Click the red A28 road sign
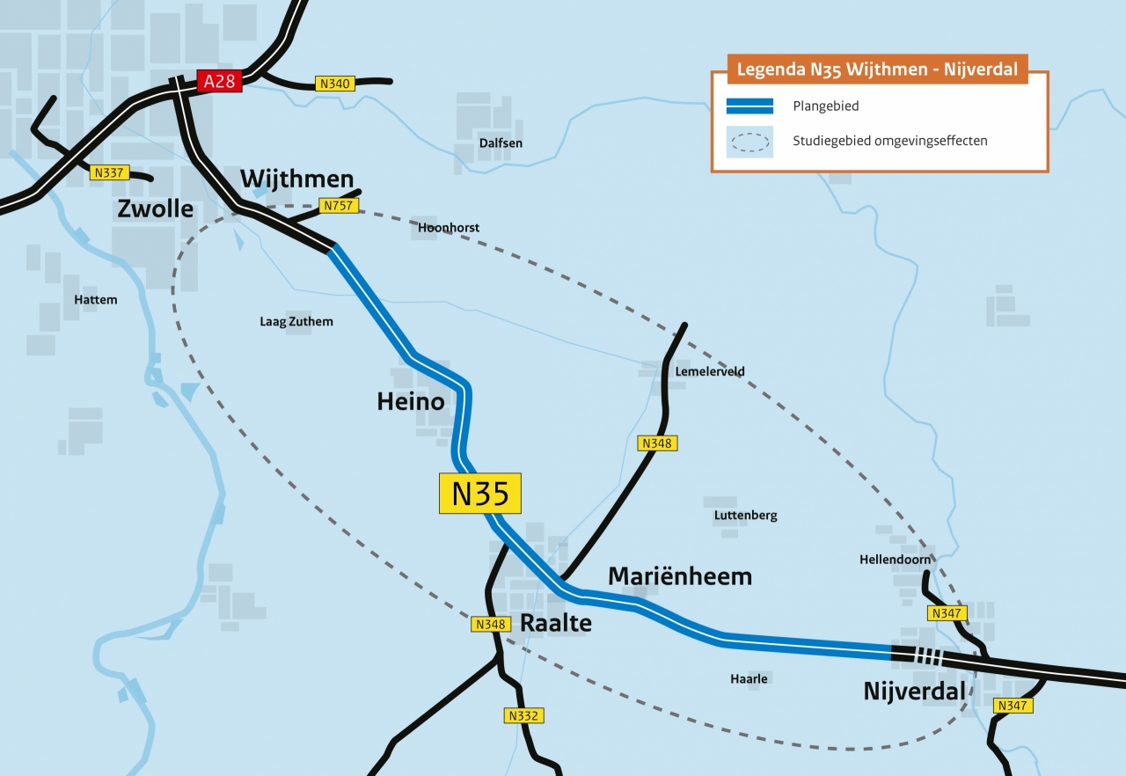point(218,82)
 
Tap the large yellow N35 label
point(480,494)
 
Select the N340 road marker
point(334,84)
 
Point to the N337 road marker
point(107,173)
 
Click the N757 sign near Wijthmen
point(338,206)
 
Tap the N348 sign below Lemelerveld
point(656,443)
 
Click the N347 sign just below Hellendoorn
point(947,612)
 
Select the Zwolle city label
point(155,209)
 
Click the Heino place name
point(410,401)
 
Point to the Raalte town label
point(556,623)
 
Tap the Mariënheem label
point(680,576)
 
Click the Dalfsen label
point(501,143)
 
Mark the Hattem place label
point(95,299)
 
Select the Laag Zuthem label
point(296,321)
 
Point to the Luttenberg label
point(745,516)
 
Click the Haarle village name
point(749,678)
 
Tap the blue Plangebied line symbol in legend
point(749,106)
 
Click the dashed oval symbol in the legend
point(749,142)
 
